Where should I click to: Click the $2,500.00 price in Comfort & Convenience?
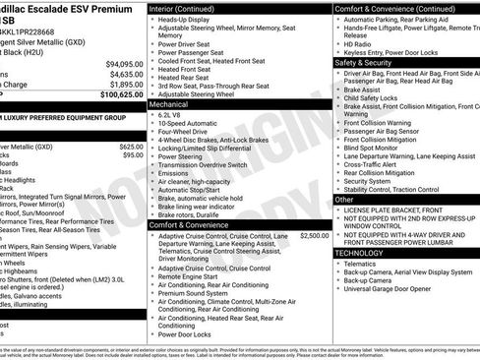coord(314,236)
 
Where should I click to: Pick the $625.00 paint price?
coord(131,147)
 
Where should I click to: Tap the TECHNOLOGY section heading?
coord(361,253)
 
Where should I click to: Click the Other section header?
coord(344,200)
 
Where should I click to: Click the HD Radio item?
coord(358,44)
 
